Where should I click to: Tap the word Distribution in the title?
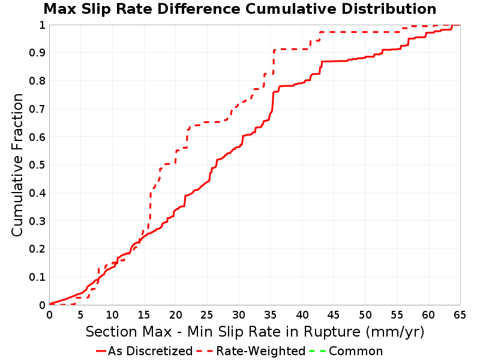pos(389,9)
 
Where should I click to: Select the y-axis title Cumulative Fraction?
pos(17,164)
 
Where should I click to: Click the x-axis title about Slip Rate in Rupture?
pos(255,332)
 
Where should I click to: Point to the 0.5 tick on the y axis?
pos(37,165)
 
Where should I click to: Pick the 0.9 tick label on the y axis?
pos(37,53)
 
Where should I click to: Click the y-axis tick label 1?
pos(42,25)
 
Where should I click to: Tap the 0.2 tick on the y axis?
pos(37,249)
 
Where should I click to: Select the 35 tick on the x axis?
pos(271,314)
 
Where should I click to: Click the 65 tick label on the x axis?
pos(460,314)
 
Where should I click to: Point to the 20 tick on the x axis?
pos(176,314)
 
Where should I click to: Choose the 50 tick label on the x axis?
pos(365,314)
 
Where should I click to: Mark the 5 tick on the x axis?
pos(81,314)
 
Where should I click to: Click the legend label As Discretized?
pos(150,351)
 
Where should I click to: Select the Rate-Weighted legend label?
pos(261,351)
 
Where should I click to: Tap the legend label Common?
pos(356,351)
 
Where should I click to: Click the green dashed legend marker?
pos(317,351)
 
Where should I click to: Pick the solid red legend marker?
pos(101,351)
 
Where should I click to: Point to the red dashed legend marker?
pos(205,351)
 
